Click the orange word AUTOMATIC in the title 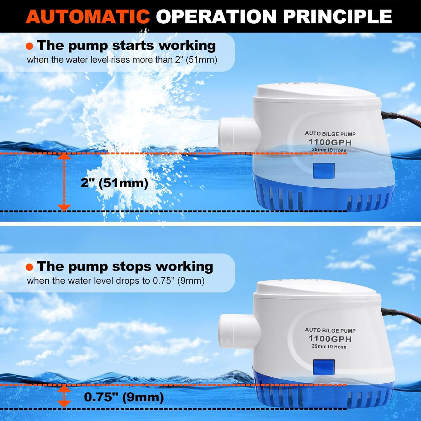tap(88, 16)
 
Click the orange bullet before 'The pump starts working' tap(29, 46)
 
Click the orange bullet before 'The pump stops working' tap(29, 267)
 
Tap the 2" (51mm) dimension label tap(115, 183)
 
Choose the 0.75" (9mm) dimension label tap(124, 397)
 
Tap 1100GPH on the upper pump tap(330, 142)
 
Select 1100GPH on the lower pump tap(330, 339)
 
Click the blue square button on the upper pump tap(324, 170)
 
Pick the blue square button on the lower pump tap(324, 367)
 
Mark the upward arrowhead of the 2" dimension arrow tap(64, 156)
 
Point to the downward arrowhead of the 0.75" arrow tap(64, 404)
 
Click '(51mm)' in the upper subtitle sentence tap(202, 60)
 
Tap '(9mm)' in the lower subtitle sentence tap(191, 281)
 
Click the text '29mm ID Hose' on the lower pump tap(329, 347)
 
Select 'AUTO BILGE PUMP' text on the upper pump tap(330, 134)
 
